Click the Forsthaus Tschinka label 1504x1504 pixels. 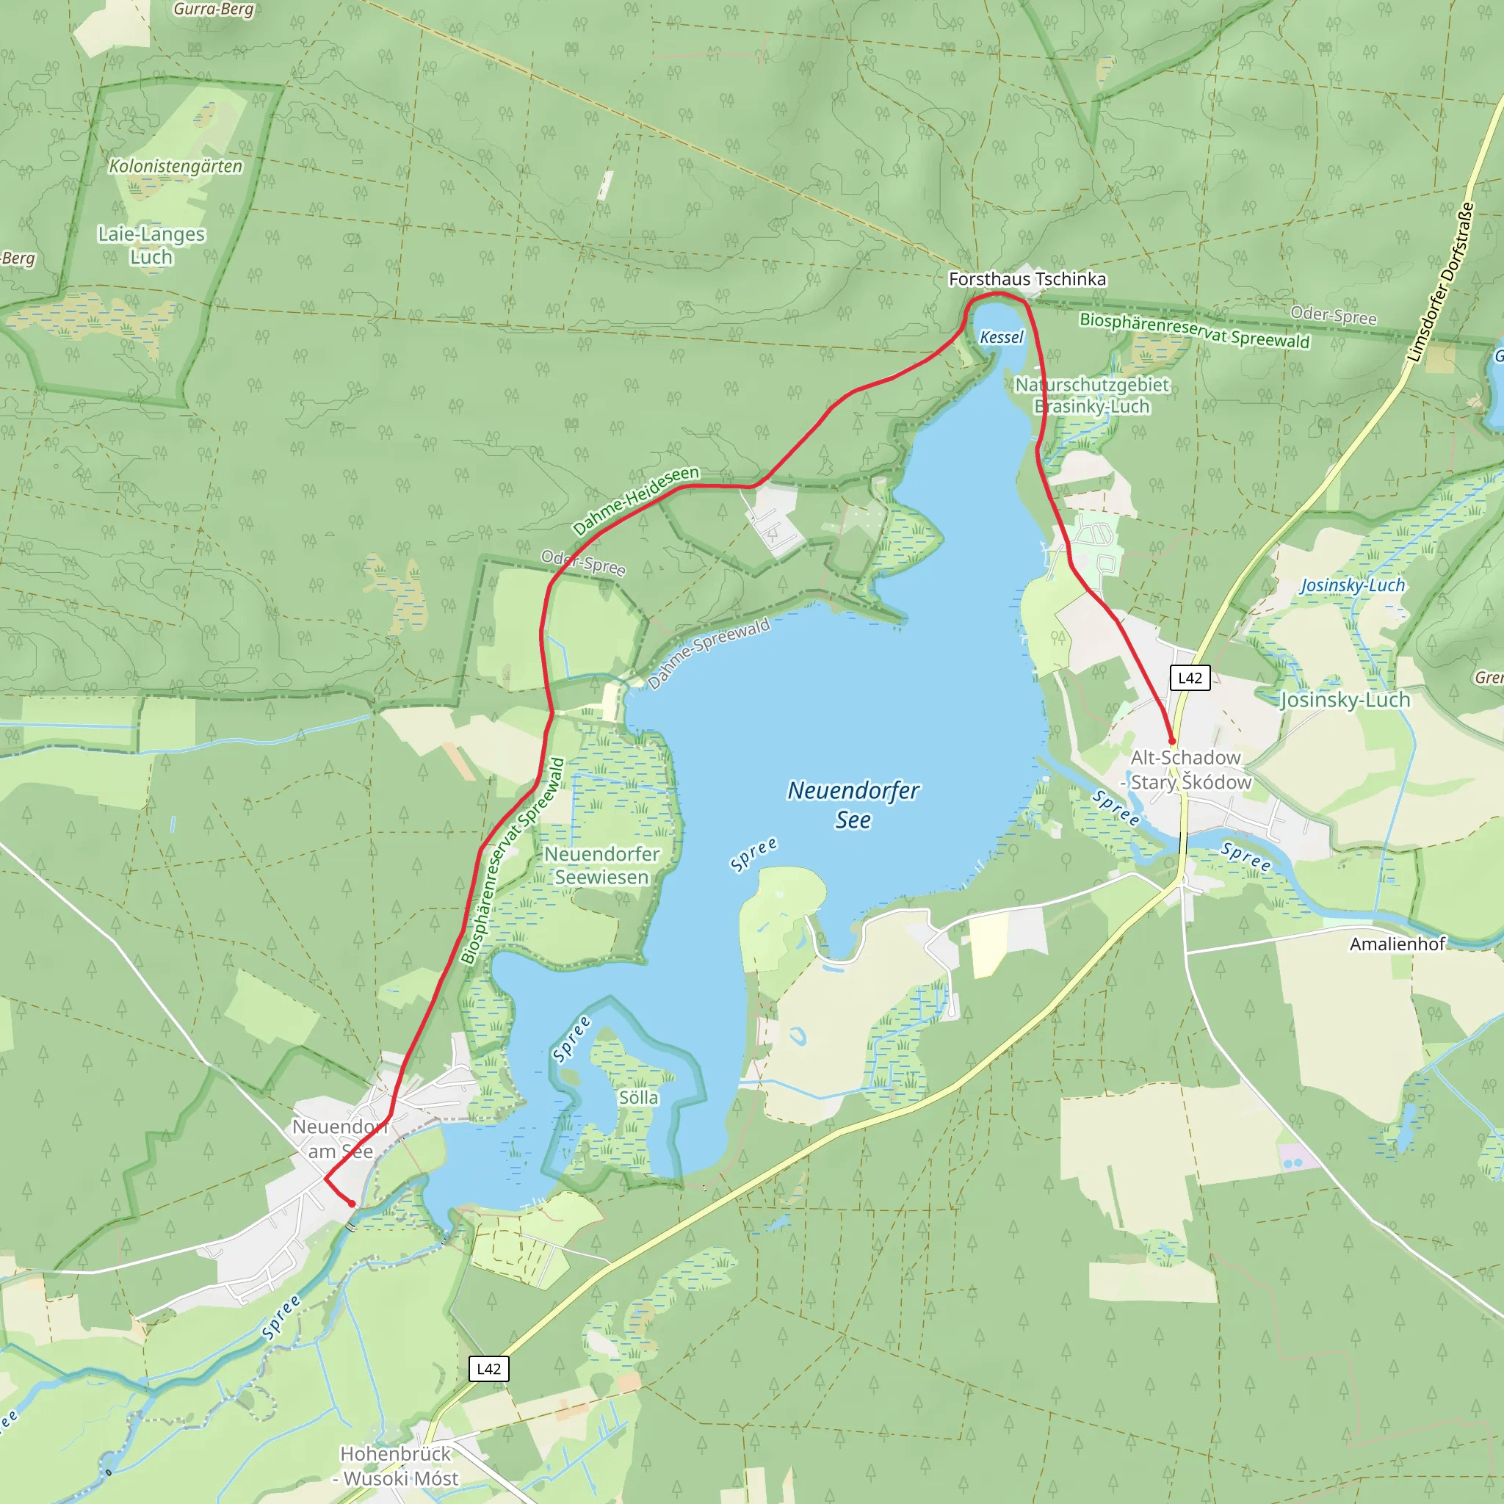click(x=1027, y=278)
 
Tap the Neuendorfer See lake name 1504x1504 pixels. click(x=853, y=805)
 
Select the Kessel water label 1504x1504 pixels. click(x=1001, y=337)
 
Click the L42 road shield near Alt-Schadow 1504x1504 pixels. click(x=1190, y=677)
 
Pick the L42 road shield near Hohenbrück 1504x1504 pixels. click(x=489, y=1369)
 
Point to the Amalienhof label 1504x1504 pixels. click(x=1398, y=944)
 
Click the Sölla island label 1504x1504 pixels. click(x=638, y=1098)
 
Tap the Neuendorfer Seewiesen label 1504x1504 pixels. click(x=601, y=866)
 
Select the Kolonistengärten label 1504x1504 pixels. click(x=176, y=166)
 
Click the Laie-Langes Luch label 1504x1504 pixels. click(x=152, y=245)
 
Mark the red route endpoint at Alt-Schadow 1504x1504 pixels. click(x=1171, y=741)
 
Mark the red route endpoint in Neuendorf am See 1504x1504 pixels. click(x=352, y=1204)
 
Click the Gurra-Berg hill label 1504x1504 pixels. click(x=213, y=10)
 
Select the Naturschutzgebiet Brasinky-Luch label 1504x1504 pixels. click(x=1091, y=396)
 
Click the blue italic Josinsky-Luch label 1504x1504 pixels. click(x=1352, y=585)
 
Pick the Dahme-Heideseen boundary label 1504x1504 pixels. click(x=636, y=502)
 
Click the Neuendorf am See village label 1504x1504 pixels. click(x=340, y=1139)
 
